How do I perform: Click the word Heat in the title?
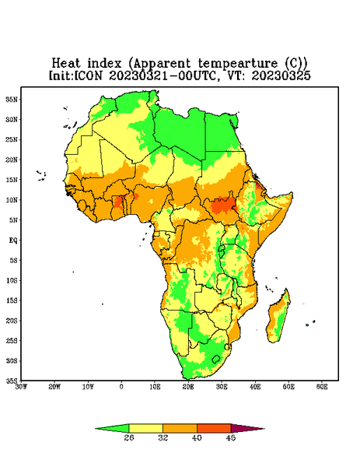point(66,64)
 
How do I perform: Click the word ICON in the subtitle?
point(88,75)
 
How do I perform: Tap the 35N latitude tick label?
point(12,99)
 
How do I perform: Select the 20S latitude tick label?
point(12,321)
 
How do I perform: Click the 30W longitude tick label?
point(21,387)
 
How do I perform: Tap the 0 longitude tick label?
point(121,387)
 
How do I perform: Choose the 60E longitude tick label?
point(322,387)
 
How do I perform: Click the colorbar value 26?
point(129,437)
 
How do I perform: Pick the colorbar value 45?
point(231,437)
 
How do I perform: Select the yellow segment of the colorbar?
point(145,428)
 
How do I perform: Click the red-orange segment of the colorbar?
point(214,428)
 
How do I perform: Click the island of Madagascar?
point(279,318)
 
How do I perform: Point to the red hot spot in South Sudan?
point(222,205)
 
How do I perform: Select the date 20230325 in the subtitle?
point(281,75)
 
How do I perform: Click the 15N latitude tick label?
point(12,180)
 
